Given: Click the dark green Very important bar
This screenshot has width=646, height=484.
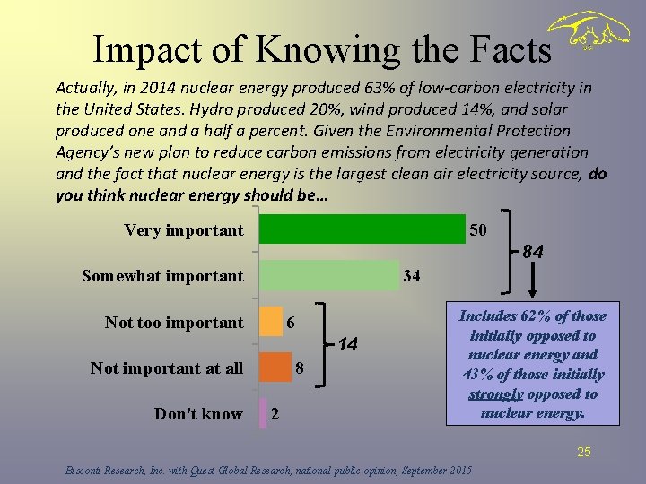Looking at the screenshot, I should (362, 229).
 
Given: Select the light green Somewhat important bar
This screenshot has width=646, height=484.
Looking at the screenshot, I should (328, 275).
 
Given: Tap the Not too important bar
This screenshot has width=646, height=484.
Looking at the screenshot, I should (271, 322).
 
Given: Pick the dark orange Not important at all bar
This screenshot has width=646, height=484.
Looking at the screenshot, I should (275, 367).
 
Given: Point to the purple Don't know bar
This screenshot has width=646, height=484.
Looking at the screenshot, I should (264, 413).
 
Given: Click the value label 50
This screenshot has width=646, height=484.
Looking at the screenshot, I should (478, 230).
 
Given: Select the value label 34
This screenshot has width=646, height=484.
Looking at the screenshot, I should (412, 275).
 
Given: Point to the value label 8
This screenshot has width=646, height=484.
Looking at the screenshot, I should (300, 367).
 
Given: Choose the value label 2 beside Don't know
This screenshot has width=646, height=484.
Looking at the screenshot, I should (275, 413).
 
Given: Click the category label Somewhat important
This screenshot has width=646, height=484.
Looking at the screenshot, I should (162, 275).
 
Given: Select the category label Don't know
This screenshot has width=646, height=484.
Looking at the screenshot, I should (198, 413).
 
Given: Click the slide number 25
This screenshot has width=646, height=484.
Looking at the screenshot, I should (584, 452).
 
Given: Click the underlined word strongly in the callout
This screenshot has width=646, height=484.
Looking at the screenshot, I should (496, 394).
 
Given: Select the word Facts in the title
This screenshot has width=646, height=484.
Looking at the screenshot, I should (507, 50).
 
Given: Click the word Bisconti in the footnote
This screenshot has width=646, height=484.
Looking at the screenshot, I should (87, 470).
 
